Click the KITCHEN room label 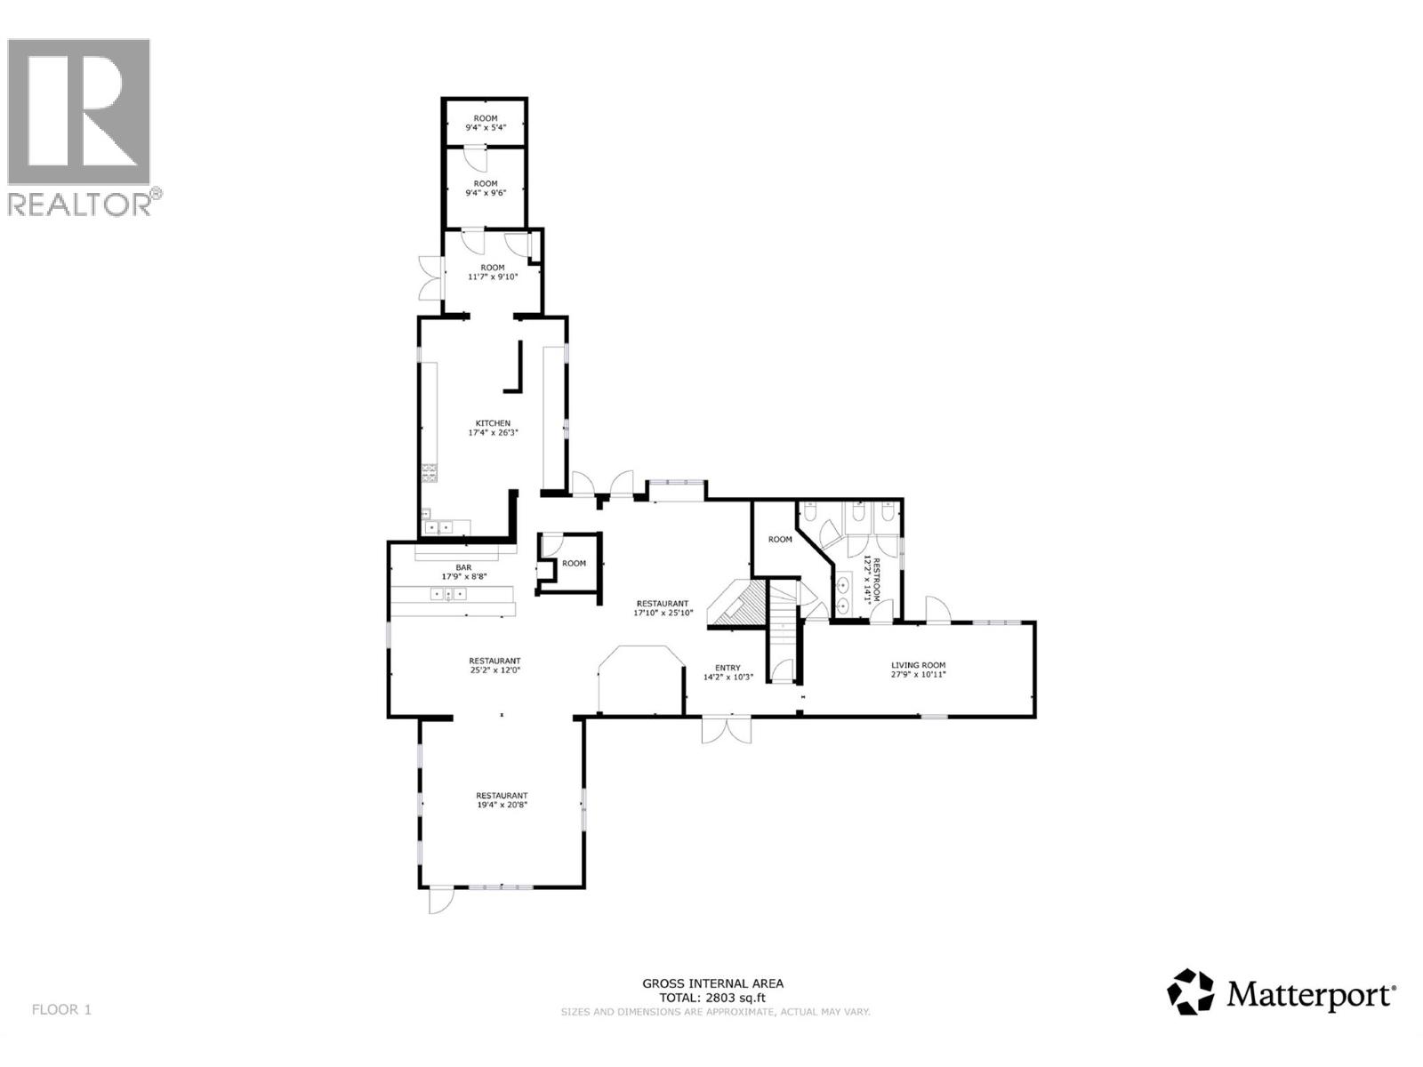493,423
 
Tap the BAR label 463,567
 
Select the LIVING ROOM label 919,665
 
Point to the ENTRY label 728,668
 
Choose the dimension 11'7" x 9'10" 493,277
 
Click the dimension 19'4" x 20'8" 502,805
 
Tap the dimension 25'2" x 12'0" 494,670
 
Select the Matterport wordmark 1311,994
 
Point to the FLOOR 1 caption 61,1009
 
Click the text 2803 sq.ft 736,998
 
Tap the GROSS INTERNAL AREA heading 713,983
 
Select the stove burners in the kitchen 430,473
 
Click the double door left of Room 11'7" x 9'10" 430,277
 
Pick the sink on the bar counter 448,594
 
